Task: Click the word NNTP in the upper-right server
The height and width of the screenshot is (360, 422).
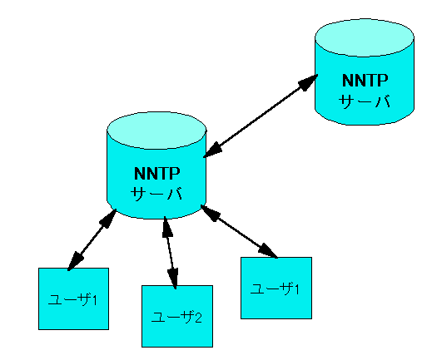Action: pyautogui.click(x=365, y=81)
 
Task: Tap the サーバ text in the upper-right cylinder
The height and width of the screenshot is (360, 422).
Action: pyautogui.click(x=365, y=101)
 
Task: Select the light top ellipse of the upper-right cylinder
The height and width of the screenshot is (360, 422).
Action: pyautogui.click(x=365, y=37)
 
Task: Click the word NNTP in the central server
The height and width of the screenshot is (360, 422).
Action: pyautogui.click(x=157, y=174)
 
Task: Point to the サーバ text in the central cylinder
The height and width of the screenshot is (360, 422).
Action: pyautogui.click(x=156, y=194)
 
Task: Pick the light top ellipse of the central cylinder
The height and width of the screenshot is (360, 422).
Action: pyautogui.click(x=156, y=131)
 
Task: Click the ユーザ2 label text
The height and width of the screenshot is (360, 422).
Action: pyautogui.click(x=176, y=318)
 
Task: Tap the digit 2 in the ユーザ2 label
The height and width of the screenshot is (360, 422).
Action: pyautogui.click(x=198, y=318)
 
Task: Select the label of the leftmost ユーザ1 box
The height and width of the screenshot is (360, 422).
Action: pyautogui.click(x=72, y=299)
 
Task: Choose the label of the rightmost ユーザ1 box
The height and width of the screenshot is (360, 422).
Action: pyautogui.click(x=275, y=288)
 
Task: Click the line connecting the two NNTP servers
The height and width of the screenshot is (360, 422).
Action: pyautogui.click(x=261, y=116)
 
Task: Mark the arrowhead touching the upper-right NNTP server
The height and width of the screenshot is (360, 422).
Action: pyautogui.click(x=308, y=82)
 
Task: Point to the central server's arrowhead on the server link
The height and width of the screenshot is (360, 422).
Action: pyautogui.click(x=213, y=150)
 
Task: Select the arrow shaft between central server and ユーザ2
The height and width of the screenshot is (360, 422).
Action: pyautogui.click(x=170, y=253)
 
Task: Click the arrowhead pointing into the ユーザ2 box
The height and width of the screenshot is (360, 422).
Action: pyautogui.click(x=173, y=279)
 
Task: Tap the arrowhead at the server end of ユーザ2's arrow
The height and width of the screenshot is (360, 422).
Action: pyautogui.click(x=166, y=227)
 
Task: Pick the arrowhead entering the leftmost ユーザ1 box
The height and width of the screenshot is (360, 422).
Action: pyautogui.click(x=75, y=260)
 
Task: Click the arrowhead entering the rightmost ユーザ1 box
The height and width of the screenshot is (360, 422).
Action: pyautogui.click(x=267, y=250)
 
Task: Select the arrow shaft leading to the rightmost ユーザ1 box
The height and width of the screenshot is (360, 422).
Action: pyautogui.click(x=239, y=232)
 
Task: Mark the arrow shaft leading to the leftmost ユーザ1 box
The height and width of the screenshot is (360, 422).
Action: pyautogui.click(x=92, y=239)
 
